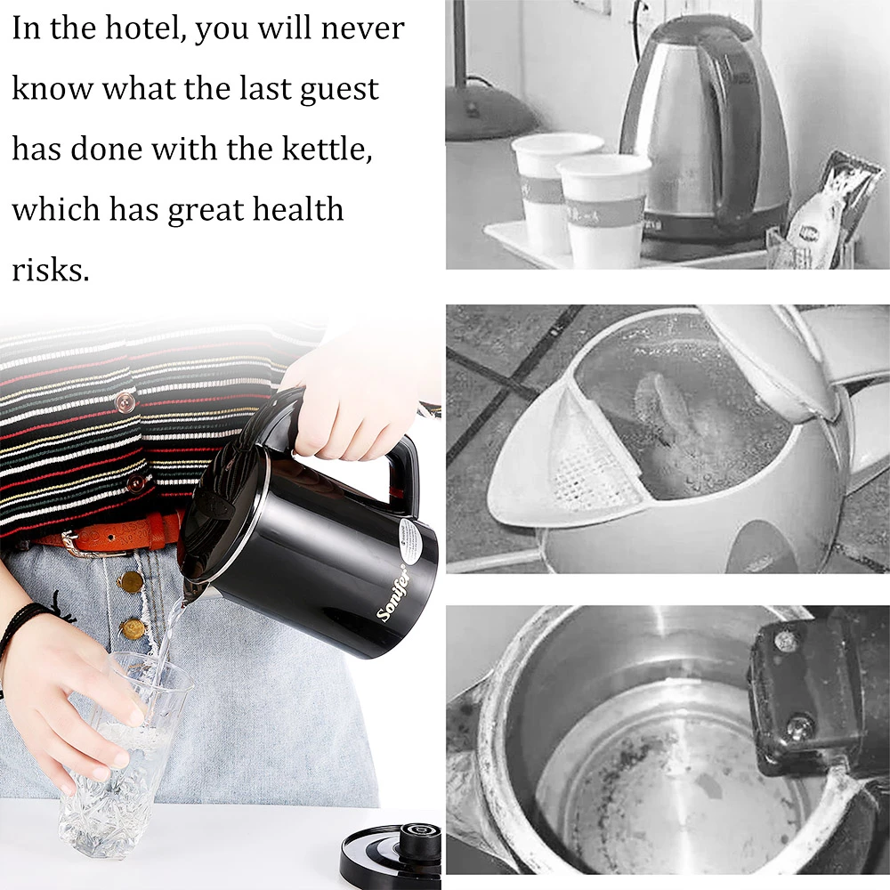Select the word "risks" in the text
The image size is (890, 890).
(51, 271)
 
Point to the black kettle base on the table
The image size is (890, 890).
(392, 854)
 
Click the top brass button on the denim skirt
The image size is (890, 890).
(131, 582)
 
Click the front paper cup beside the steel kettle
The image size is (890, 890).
(603, 209)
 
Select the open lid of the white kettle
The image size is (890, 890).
(795, 363)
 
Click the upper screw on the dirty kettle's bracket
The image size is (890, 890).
(786, 642)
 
